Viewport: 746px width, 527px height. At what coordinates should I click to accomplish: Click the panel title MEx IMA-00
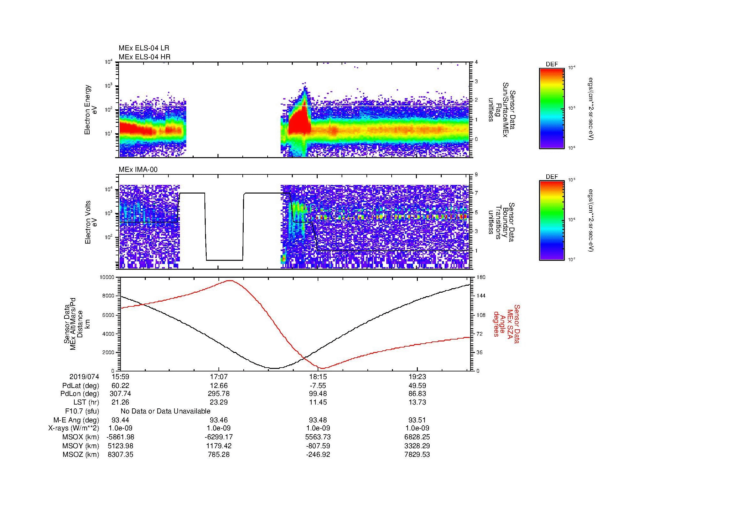click(x=138, y=170)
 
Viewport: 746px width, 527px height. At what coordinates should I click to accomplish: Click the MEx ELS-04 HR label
click(x=144, y=57)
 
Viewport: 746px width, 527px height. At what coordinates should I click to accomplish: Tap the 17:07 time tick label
click(x=219, y=377)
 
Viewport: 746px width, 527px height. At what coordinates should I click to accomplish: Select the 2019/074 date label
click(x=84, y=377)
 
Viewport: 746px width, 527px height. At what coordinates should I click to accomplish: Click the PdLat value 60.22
click(x=120, y=386)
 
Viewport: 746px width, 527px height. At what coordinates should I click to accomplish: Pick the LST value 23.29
click(x=219, y=402)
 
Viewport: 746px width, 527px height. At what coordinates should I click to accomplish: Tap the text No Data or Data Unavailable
click(x=166, y=411)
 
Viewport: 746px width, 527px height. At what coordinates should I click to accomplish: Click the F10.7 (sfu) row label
click(x=82, y=411)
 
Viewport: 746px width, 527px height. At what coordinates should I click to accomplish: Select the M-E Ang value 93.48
click(x=318, y=420)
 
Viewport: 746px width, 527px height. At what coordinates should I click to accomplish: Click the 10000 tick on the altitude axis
click(x=107, y=277)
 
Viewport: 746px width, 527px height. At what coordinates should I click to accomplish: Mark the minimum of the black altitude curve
click(x=275, y=368)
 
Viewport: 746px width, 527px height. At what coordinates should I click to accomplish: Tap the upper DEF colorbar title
click(x=551, y=65)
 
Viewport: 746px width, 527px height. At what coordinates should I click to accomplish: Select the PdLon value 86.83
click(x=417, y=394)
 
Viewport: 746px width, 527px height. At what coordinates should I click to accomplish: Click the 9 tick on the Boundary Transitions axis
click(x=476, y=175)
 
